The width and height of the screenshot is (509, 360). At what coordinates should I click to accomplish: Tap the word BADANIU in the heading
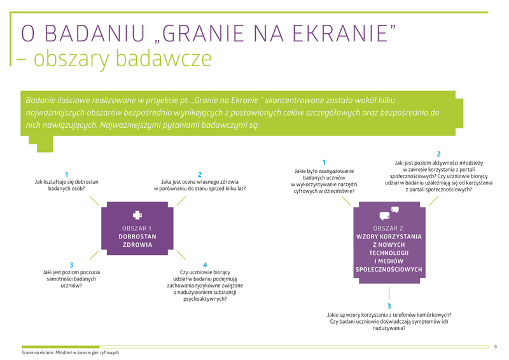tap(94, 33)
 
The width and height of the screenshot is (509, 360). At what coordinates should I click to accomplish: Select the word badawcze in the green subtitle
tap(164, 58)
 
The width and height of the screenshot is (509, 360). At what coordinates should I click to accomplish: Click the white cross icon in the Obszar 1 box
tap(137, 215)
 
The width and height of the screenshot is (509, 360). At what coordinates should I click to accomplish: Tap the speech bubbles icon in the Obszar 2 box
tap(389, 213)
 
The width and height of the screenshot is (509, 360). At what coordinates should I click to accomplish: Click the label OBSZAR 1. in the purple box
tap(137, 228)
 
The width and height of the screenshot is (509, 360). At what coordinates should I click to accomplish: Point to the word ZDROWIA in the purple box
tap(137, 245)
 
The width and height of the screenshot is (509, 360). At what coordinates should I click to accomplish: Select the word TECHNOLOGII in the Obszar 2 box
tap(389, 253)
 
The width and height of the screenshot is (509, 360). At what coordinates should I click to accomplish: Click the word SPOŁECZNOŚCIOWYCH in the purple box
tap(389, 269)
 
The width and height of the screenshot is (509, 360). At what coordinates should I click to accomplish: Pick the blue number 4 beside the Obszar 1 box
tap(205, 265)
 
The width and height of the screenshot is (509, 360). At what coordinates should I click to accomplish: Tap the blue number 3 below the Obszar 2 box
tap(389, 306)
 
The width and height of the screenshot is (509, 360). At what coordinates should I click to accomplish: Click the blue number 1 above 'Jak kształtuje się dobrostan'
tap(67, 175)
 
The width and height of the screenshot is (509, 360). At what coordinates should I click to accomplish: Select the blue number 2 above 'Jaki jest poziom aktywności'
tap(438, 154)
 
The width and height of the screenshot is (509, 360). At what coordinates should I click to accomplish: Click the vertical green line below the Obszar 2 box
tap(389, 293)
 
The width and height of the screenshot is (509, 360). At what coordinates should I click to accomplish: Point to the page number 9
tap(496, 347)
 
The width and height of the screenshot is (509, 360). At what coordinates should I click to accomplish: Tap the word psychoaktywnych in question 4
tap(205, 299)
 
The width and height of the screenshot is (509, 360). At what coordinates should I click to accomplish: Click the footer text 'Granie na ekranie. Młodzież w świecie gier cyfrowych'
tap(70, 352)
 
